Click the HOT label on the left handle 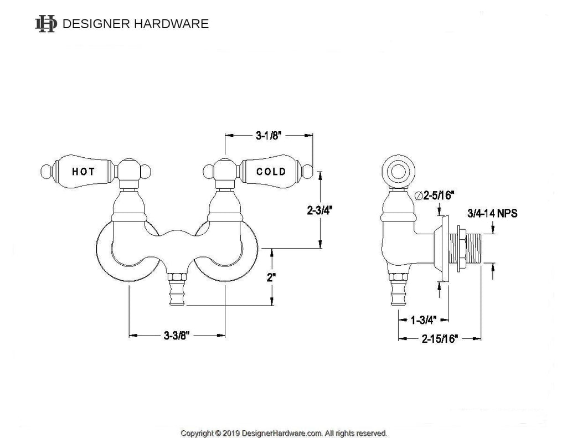83,171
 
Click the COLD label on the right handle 271,171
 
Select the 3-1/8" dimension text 269,135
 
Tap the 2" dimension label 271,278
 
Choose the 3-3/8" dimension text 177,335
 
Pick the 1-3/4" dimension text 424,320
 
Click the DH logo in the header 46,23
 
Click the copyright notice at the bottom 283,432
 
